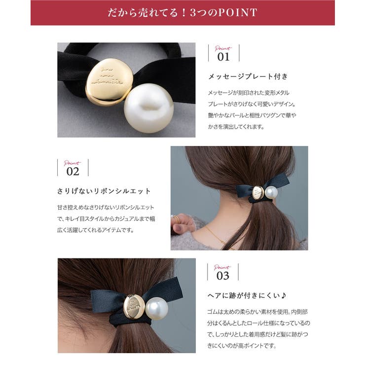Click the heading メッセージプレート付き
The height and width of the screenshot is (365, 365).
coord(248,76)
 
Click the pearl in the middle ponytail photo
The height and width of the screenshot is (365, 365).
coord(271,192)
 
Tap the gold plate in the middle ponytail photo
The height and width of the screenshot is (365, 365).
coord(258,193)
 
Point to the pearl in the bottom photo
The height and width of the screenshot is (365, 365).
coord(156,308)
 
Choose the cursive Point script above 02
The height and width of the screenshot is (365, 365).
coord(73,162)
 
